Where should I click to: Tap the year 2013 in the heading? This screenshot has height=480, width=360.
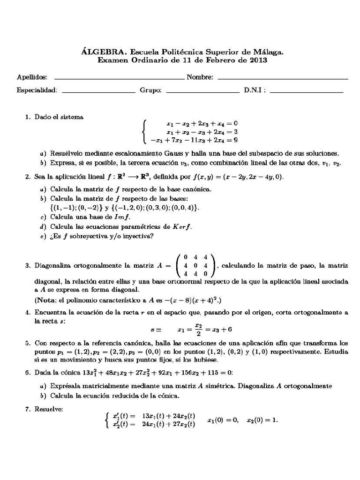pyautogui.click(x=258, y=60)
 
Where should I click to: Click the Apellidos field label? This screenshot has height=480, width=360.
pyautogui.click(x=32, y=77)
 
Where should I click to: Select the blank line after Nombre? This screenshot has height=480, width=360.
pyautogui.click(x=283, y=78)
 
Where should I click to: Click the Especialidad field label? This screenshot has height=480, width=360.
pyautogui.click(x=37, y=90)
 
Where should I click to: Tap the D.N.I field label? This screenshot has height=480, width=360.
pyautogui.click(x=255, y=90)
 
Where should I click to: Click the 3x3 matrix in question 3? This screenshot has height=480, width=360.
pyautogui.click(x=196, y=265)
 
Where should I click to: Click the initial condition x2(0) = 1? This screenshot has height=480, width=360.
pyautogui.click(x=262, y=420)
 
